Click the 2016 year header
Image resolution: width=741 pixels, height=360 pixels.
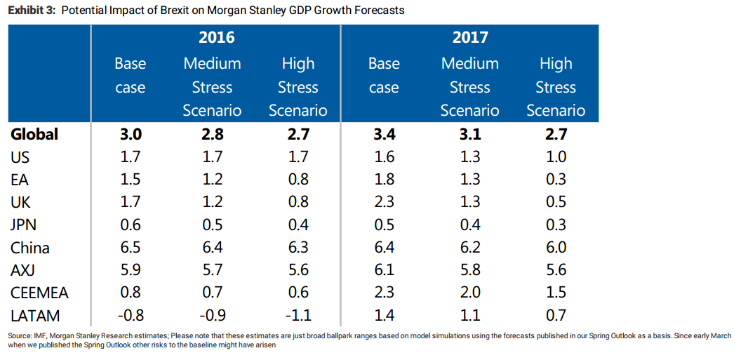click(x=216, y=37)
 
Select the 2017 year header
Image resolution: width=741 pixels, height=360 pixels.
click(x=469, y=37)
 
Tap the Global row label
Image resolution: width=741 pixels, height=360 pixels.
click(x=34, y=134)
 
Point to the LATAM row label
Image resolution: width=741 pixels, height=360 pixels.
click(x=36, y=315)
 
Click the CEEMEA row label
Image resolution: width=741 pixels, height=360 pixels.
click(x=40, y=293)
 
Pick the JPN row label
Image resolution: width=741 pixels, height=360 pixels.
click(x=24, y=225)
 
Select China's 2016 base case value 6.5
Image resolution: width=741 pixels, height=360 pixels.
click(x=131, y=248)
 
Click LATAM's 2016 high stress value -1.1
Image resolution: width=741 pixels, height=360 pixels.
click(x=298, y=315)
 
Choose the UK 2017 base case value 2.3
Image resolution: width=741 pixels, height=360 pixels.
click(x=384, y=202)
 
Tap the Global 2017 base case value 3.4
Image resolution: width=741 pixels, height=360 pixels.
click(x=384, y=134)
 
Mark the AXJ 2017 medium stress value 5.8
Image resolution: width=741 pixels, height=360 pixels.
click(x=469, y=270)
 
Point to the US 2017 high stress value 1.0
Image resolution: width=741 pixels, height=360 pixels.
click(x=555, y=156)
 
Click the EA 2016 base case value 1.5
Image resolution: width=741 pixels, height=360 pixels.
click(x=131, y=180)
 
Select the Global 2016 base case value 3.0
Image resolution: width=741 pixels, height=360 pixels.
click(x=131, y=134)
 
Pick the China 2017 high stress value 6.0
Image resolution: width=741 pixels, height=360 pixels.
click(x=555, y=248)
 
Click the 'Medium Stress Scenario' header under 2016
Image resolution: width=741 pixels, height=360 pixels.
click(x=212, y=87)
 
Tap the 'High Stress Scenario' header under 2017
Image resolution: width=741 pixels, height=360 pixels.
click(x=555, y=87)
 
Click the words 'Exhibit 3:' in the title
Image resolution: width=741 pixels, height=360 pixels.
click(x=29, y=11)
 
